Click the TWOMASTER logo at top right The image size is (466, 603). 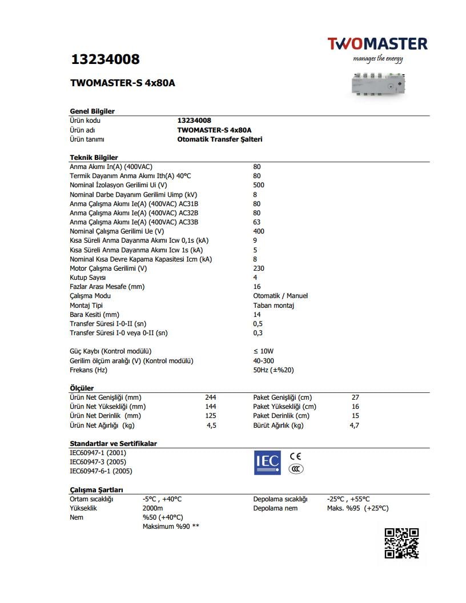[377, 44]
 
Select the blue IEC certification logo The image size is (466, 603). [267, 463]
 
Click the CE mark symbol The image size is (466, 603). [295, 456]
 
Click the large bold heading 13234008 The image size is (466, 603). [105, 59]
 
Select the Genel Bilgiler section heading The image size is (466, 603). [92, 111]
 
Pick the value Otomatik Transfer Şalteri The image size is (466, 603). [220, 139]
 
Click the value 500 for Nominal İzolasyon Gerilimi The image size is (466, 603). [259, 185]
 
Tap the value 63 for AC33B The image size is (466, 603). [257, 222]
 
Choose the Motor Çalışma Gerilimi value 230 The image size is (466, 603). [259, 268]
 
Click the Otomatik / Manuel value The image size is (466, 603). [280, 296]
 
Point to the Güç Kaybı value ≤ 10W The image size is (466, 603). [263, 351]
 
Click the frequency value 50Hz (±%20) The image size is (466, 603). [274, 370]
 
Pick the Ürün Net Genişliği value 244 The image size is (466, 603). [211, 397]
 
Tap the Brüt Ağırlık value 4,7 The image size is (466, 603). [354, 425]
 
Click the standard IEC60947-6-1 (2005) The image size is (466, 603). [101, 471]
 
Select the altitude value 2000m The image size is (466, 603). [152, 508]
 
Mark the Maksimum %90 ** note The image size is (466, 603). [171, 526]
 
